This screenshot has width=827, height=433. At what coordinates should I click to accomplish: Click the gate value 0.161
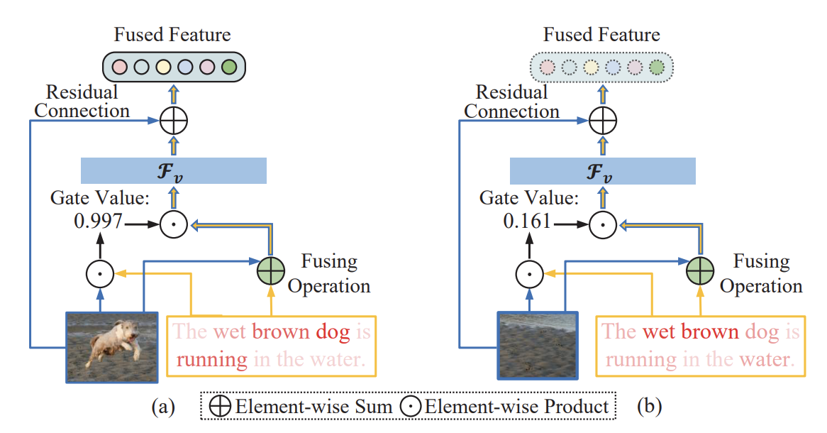(526, 224)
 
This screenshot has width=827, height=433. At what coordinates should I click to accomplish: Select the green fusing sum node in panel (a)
(270, 271)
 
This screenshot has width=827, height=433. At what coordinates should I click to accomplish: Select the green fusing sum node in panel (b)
(699, 271)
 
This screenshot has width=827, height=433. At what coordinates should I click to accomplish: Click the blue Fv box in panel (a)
(174, 171)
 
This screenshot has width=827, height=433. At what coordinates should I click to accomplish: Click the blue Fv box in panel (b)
(603, 171)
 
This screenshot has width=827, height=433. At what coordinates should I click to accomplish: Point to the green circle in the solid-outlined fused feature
(228, 67)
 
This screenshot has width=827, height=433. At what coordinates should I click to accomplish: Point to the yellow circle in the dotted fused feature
(590, 68)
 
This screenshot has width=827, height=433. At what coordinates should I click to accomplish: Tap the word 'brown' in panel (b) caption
(710, 332)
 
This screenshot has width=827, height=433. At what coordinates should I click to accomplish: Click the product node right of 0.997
(173, 224)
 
